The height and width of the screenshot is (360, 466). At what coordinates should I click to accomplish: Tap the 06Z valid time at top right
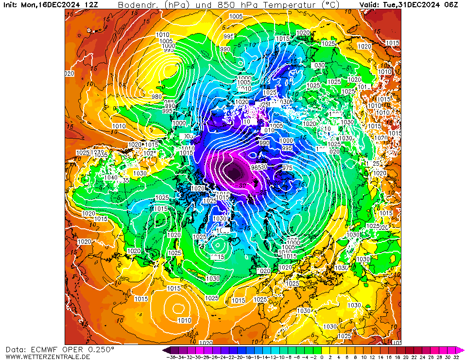(450, 4)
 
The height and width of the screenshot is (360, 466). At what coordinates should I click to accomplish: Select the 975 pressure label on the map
(287, 168)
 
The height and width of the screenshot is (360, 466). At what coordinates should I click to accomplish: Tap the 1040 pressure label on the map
(111, 178)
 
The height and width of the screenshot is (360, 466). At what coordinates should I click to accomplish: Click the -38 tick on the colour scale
(171, 357)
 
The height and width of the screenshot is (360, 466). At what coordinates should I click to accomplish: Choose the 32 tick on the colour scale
(456, 357)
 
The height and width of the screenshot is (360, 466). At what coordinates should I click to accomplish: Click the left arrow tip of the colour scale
(164, 350)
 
